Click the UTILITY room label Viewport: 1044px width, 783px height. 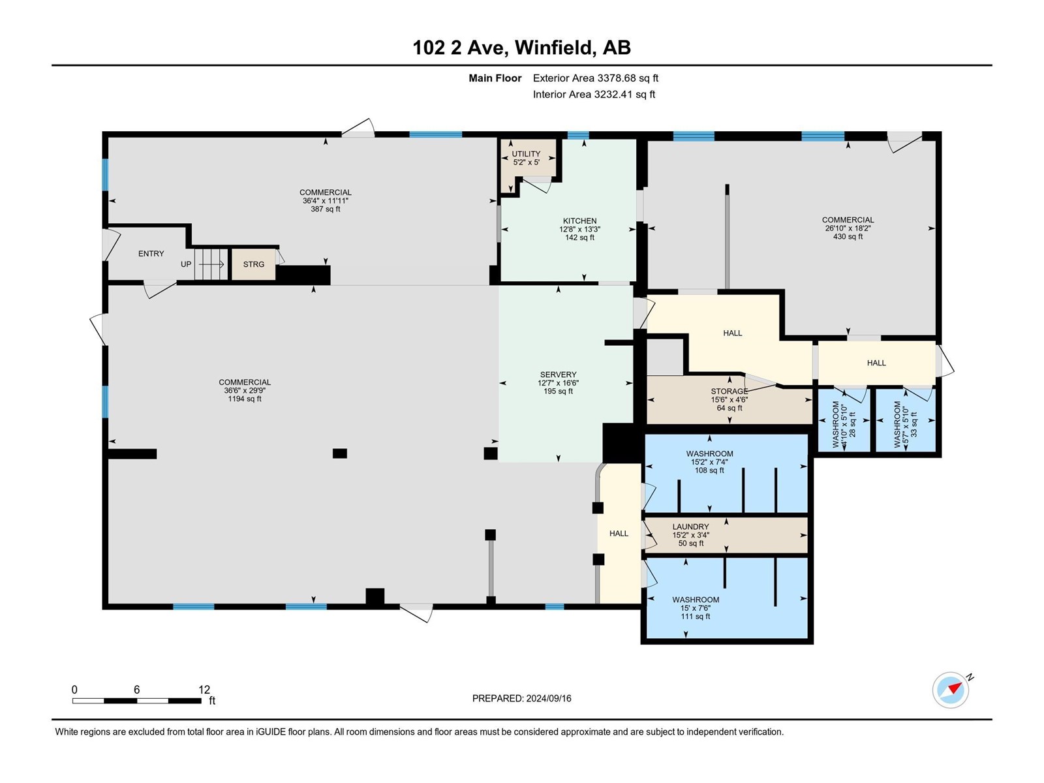tap(525, 153)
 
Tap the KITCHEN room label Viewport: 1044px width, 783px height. tap(579, 221)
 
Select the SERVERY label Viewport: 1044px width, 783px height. tap(558, 375)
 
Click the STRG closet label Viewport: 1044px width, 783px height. tap(254, 264)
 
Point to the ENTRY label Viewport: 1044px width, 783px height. tap(151, 254)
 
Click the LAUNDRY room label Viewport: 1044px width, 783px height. tap(690, 527)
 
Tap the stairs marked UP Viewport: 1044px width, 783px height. tap(211, 264)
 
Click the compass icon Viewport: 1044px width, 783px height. tap(951, 690)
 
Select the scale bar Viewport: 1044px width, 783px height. tap(137, 701)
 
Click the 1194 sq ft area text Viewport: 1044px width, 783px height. tap(245, 399)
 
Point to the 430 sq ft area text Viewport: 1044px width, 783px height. tap(848, 237)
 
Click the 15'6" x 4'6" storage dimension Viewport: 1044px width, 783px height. tap(729, 400)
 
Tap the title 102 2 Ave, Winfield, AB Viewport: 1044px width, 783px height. tap(522, 48)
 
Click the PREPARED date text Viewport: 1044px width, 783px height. tap(522, 698)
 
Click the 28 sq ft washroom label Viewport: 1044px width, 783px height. tap(852, 425)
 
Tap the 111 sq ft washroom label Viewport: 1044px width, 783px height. tap(696, 617)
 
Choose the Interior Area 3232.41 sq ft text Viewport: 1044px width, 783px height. tap(594, 94)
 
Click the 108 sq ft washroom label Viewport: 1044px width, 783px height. tap(709, 470)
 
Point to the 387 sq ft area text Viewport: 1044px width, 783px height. tap(326, 209)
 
